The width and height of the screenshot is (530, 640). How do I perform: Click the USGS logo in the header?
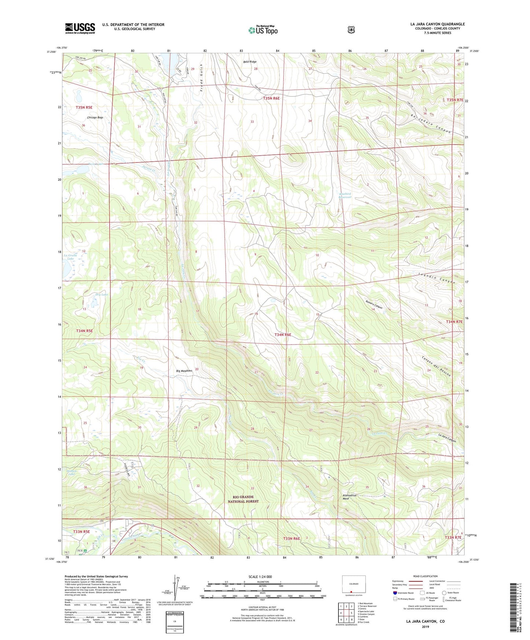pos(80,28)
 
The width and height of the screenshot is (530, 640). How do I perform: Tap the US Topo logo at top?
pos(263,30)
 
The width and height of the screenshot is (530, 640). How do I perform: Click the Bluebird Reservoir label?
pos(345,195)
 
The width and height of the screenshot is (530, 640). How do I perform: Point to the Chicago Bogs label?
pos(95,118)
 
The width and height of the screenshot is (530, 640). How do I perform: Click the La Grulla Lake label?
pos(70,257)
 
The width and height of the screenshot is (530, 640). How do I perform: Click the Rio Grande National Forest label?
pos(243,499)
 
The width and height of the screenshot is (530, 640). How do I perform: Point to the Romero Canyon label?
pos(374,305)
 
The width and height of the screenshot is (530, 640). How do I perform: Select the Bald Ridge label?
pos(250,62)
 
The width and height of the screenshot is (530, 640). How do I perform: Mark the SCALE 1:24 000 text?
pos(260,577)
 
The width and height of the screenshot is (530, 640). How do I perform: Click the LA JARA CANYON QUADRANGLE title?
pos(438,24)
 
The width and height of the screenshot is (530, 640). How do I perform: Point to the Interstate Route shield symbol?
pos(395,593)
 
